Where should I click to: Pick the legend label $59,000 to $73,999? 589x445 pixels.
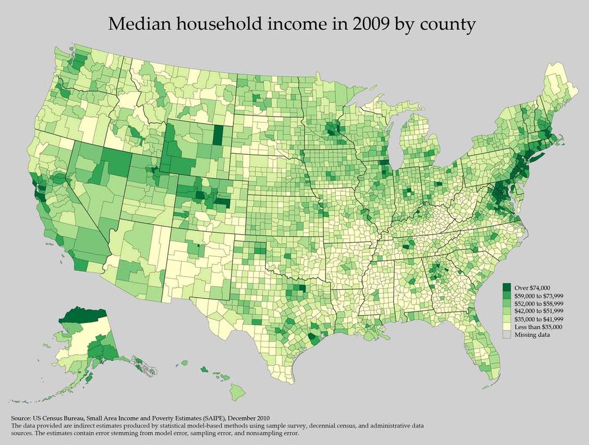point(539,295)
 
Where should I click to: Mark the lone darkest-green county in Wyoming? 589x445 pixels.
point(218,135)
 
